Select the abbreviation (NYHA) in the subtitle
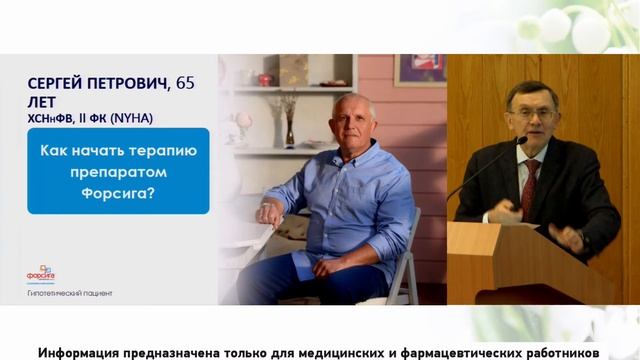click(122, 117)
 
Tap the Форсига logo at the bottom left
click(41, 272)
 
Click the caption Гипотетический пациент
click(70, 293)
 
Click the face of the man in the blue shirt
click(354, 121)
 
